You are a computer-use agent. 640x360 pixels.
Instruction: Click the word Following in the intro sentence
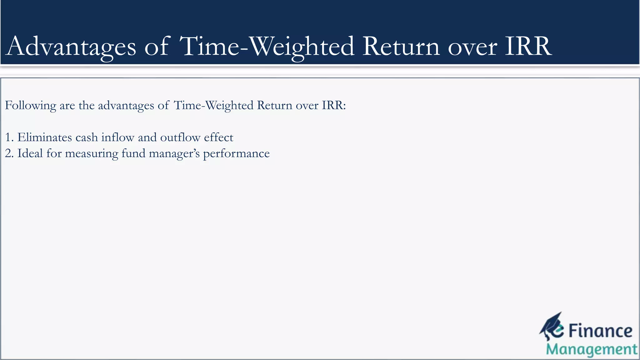pyautogui.click(x=30, y=106)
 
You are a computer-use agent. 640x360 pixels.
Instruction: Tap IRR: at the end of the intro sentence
pyautogui.click(x=334, y=105)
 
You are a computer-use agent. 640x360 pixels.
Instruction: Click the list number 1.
pyautogui.click(x=8, y=137)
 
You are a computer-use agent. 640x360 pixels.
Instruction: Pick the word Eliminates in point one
pyautogui.click(x=44, y=137)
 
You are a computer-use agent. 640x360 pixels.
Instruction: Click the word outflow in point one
pyautogui.click(x=180, y=137)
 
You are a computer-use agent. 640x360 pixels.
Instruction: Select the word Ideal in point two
pyautogui.click(x=30, y=153)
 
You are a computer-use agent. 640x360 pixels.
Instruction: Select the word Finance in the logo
pyautogui.click(x=600, y=331)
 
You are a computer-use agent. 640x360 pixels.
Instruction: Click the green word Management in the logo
pyautogui.click(x=591, y=349)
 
